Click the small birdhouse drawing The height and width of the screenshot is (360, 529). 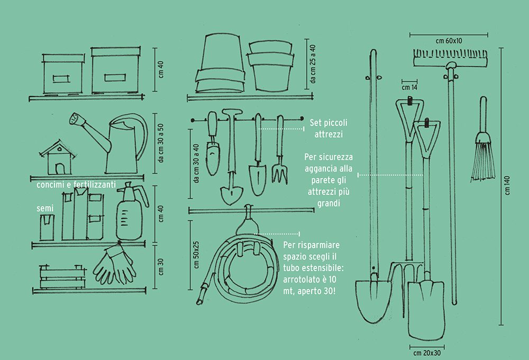[x=57, y=157]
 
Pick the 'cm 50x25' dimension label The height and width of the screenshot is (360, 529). [x=196, y=254]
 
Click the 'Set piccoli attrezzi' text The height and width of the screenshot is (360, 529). [x=326, y=129]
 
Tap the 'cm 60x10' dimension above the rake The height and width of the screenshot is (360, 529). [x=449, y=41]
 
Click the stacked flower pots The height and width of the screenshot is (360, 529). [x=271, y=65]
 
